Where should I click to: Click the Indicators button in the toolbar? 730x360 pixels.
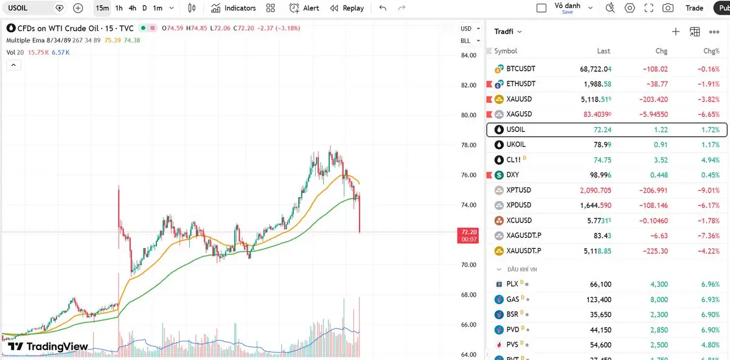point(234,8)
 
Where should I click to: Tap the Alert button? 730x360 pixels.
point(304,8)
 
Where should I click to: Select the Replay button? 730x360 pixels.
point(347,8)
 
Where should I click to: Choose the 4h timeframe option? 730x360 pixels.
point(132,8)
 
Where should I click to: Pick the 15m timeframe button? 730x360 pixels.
point(102,8)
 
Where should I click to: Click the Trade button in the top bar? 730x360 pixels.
point(694,8)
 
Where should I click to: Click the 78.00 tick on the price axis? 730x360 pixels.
point(468,145)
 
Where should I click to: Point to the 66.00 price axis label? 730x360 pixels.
point(468,325)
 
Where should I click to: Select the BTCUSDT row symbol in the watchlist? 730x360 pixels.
point(521,69)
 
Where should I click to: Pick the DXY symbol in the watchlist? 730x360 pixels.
point(512,175)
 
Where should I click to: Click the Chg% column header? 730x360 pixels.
point(711,51)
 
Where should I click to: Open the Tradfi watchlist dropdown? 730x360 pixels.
point(508,32)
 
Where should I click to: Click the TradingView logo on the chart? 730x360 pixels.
point(48,347)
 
